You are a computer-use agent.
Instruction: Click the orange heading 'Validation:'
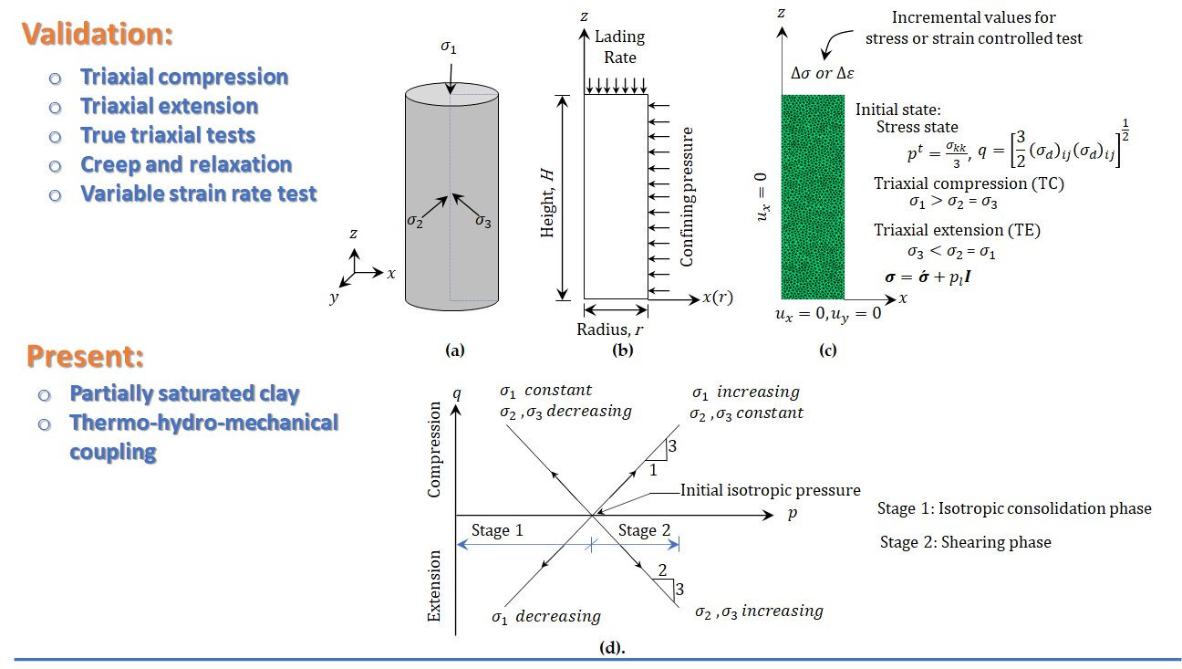pos(98,35)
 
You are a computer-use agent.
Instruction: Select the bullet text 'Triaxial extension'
pos(169,106)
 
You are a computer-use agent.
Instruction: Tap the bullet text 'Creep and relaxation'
pos(186,165)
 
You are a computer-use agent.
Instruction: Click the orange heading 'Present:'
pos(85,357)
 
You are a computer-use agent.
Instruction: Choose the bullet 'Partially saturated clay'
pos(184,394)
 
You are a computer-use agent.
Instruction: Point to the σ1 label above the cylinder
pos(449,47)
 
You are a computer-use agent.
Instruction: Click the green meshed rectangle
pos(813,196)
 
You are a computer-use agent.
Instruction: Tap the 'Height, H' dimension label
pos(547,196)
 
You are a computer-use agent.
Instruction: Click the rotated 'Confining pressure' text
pos(688,197)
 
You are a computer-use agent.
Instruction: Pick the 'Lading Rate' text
pos(619,47)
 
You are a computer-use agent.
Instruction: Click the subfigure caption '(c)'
pos(827,350)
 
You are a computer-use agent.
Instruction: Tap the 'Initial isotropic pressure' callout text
pos(770,491)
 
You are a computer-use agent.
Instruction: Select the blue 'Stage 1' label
pos(496,530)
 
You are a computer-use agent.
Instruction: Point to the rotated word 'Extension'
pos(435,585)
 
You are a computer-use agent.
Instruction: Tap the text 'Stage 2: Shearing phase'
pos(965,542)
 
